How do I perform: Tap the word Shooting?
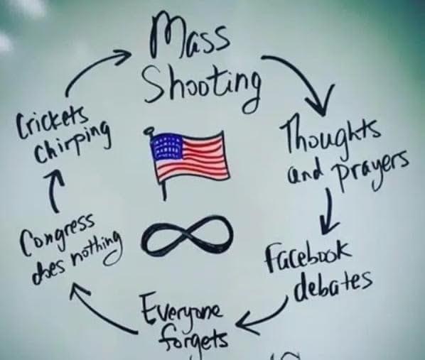pyautogui.click(x=202, y=87)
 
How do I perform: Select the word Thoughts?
pyautogui.click(x=328, y=137)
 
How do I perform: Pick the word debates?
pyautogui.click(x=333, y=285)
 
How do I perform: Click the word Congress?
pyautogui.click(x=58, y=232)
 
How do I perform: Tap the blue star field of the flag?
pyautogui.click(x=166, y=146)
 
